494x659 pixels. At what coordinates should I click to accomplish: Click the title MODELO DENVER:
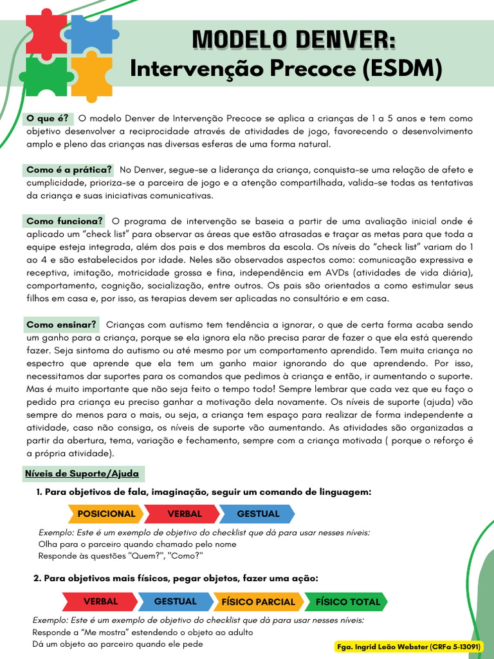pyautogui.click(x=295, y=39)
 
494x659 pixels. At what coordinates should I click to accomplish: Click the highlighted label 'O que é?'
pyautogui.click(x=47, y=118)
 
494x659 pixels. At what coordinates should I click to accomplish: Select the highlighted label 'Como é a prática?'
pyautogui.click(x=69, y=170)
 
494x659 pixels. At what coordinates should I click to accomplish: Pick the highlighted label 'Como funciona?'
pyautogui.click(x=64, y=221)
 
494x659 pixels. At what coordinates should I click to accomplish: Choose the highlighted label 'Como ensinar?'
pyautogui.click(x=62, y=324)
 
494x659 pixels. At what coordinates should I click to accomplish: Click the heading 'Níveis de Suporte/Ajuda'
pyautogui.click(x=81, y=474)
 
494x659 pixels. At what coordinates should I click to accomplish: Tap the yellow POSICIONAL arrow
pyautogui.click(x=106, y=514)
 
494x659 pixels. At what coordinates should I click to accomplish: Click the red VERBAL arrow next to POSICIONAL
pyautogui.click(x=185, y=514)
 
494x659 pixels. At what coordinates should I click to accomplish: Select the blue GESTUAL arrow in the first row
pyautogui.click(x=258, y=514)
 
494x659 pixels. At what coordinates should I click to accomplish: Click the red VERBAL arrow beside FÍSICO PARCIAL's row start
pyautogui.click(x=100, y=602)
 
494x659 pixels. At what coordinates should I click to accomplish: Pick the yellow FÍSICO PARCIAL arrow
pyautogui.click(x=258, y=602)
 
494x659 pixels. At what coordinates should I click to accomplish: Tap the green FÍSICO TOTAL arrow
pyautogui.click(x=347, y=602)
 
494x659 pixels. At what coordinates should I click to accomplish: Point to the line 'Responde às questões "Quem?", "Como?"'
pyautogui.click(x=120, y=555)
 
